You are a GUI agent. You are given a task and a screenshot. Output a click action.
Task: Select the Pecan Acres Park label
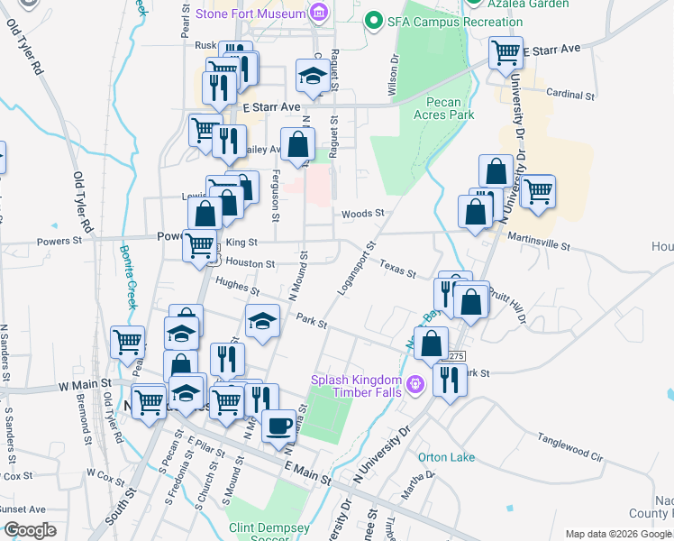[443, 108]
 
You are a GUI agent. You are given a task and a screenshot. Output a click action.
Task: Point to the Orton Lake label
[446, 457]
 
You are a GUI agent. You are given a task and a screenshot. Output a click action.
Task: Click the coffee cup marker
[278, 425]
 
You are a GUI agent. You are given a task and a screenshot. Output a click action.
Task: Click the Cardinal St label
[570, 94]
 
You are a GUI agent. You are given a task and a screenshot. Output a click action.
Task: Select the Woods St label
[363, 214]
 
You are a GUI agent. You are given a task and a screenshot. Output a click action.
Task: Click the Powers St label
[59, 241]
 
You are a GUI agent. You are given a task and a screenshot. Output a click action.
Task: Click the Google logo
[31, 530]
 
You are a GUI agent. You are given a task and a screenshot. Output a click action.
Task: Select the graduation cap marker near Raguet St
[312, 76]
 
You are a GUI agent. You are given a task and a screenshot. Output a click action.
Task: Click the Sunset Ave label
[23, 509]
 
